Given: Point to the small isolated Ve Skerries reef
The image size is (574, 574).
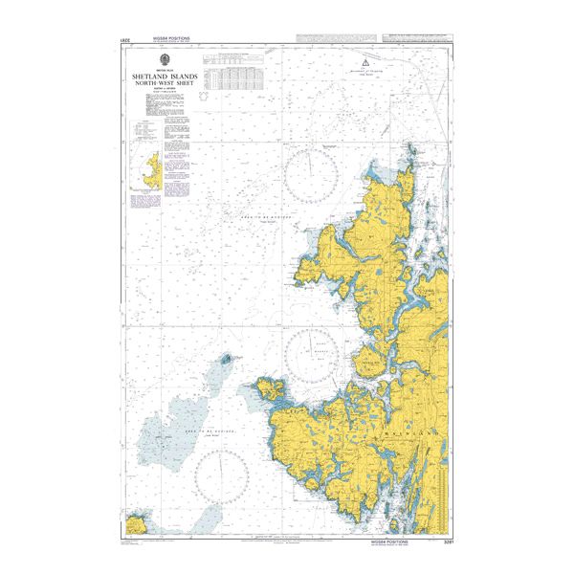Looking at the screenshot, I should pos(228,361).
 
